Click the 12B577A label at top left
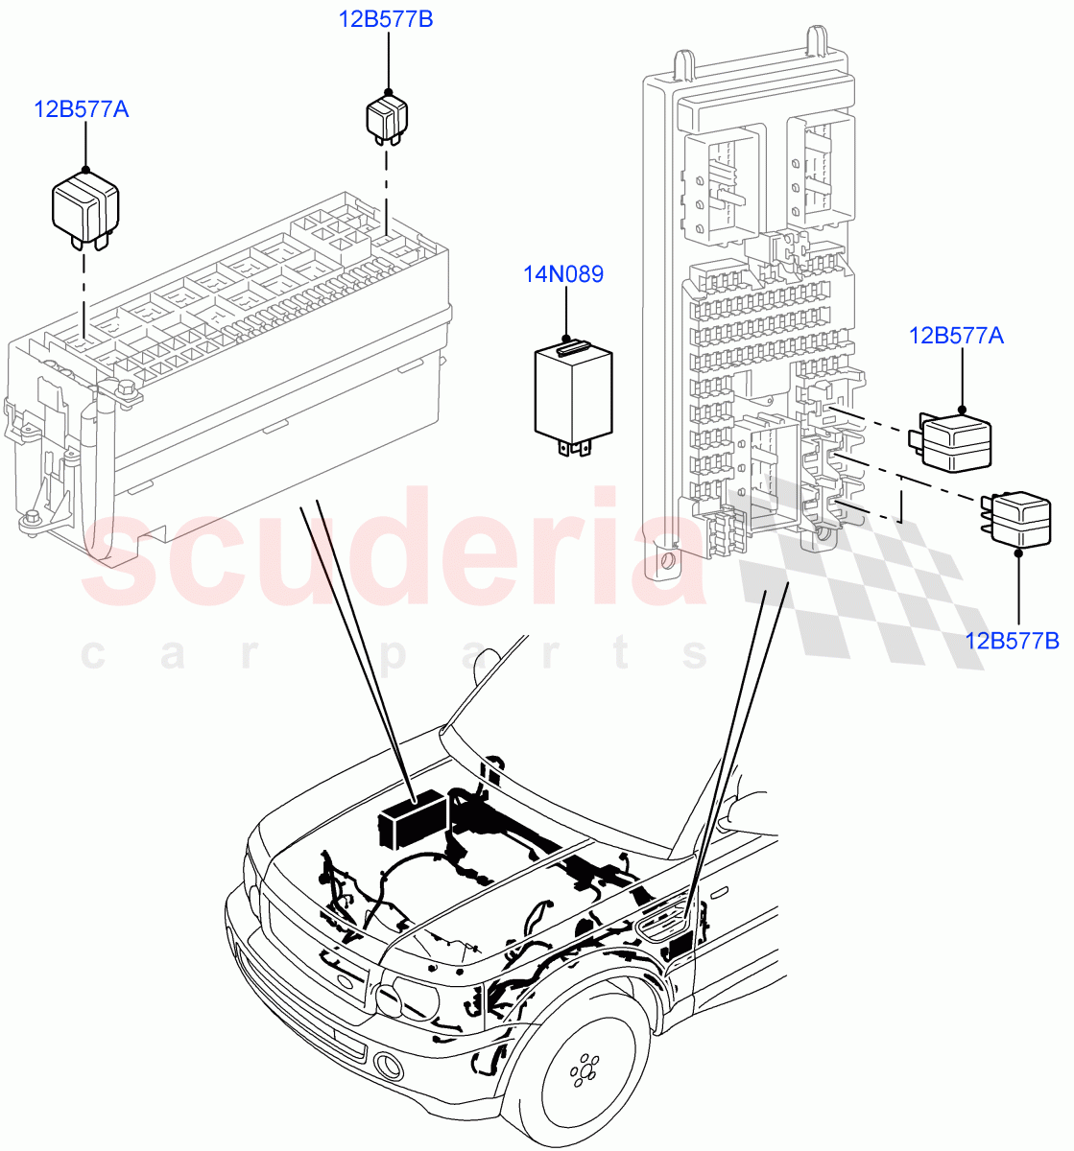tap(82, 109)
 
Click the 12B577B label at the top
tap(385, 18)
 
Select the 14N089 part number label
tap(563, 274)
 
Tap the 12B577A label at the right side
tap(956, 335)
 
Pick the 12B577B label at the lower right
tap(1012, 640)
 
